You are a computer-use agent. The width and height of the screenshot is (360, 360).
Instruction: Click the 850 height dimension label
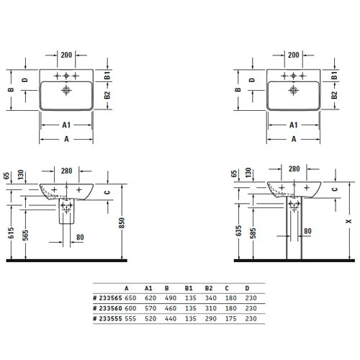tap(122, 223)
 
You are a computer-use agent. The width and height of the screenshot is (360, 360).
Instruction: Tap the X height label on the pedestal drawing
tap(348, 221)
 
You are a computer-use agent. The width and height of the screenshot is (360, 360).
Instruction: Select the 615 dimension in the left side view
tap(11, 233)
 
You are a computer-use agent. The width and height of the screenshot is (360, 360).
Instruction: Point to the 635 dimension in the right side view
tap(238, 230)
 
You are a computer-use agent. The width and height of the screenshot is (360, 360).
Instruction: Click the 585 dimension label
tap(253, 233)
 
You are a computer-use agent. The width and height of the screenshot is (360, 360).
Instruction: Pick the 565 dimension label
tap(25, 235)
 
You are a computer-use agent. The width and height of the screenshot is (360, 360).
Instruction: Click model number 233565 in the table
tap(108, 298)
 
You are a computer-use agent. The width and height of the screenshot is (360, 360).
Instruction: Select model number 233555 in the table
tap(108, 319)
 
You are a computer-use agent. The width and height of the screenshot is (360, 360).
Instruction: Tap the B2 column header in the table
tap(209, 288)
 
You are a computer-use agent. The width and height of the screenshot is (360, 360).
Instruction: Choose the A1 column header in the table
tap(148, 288)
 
